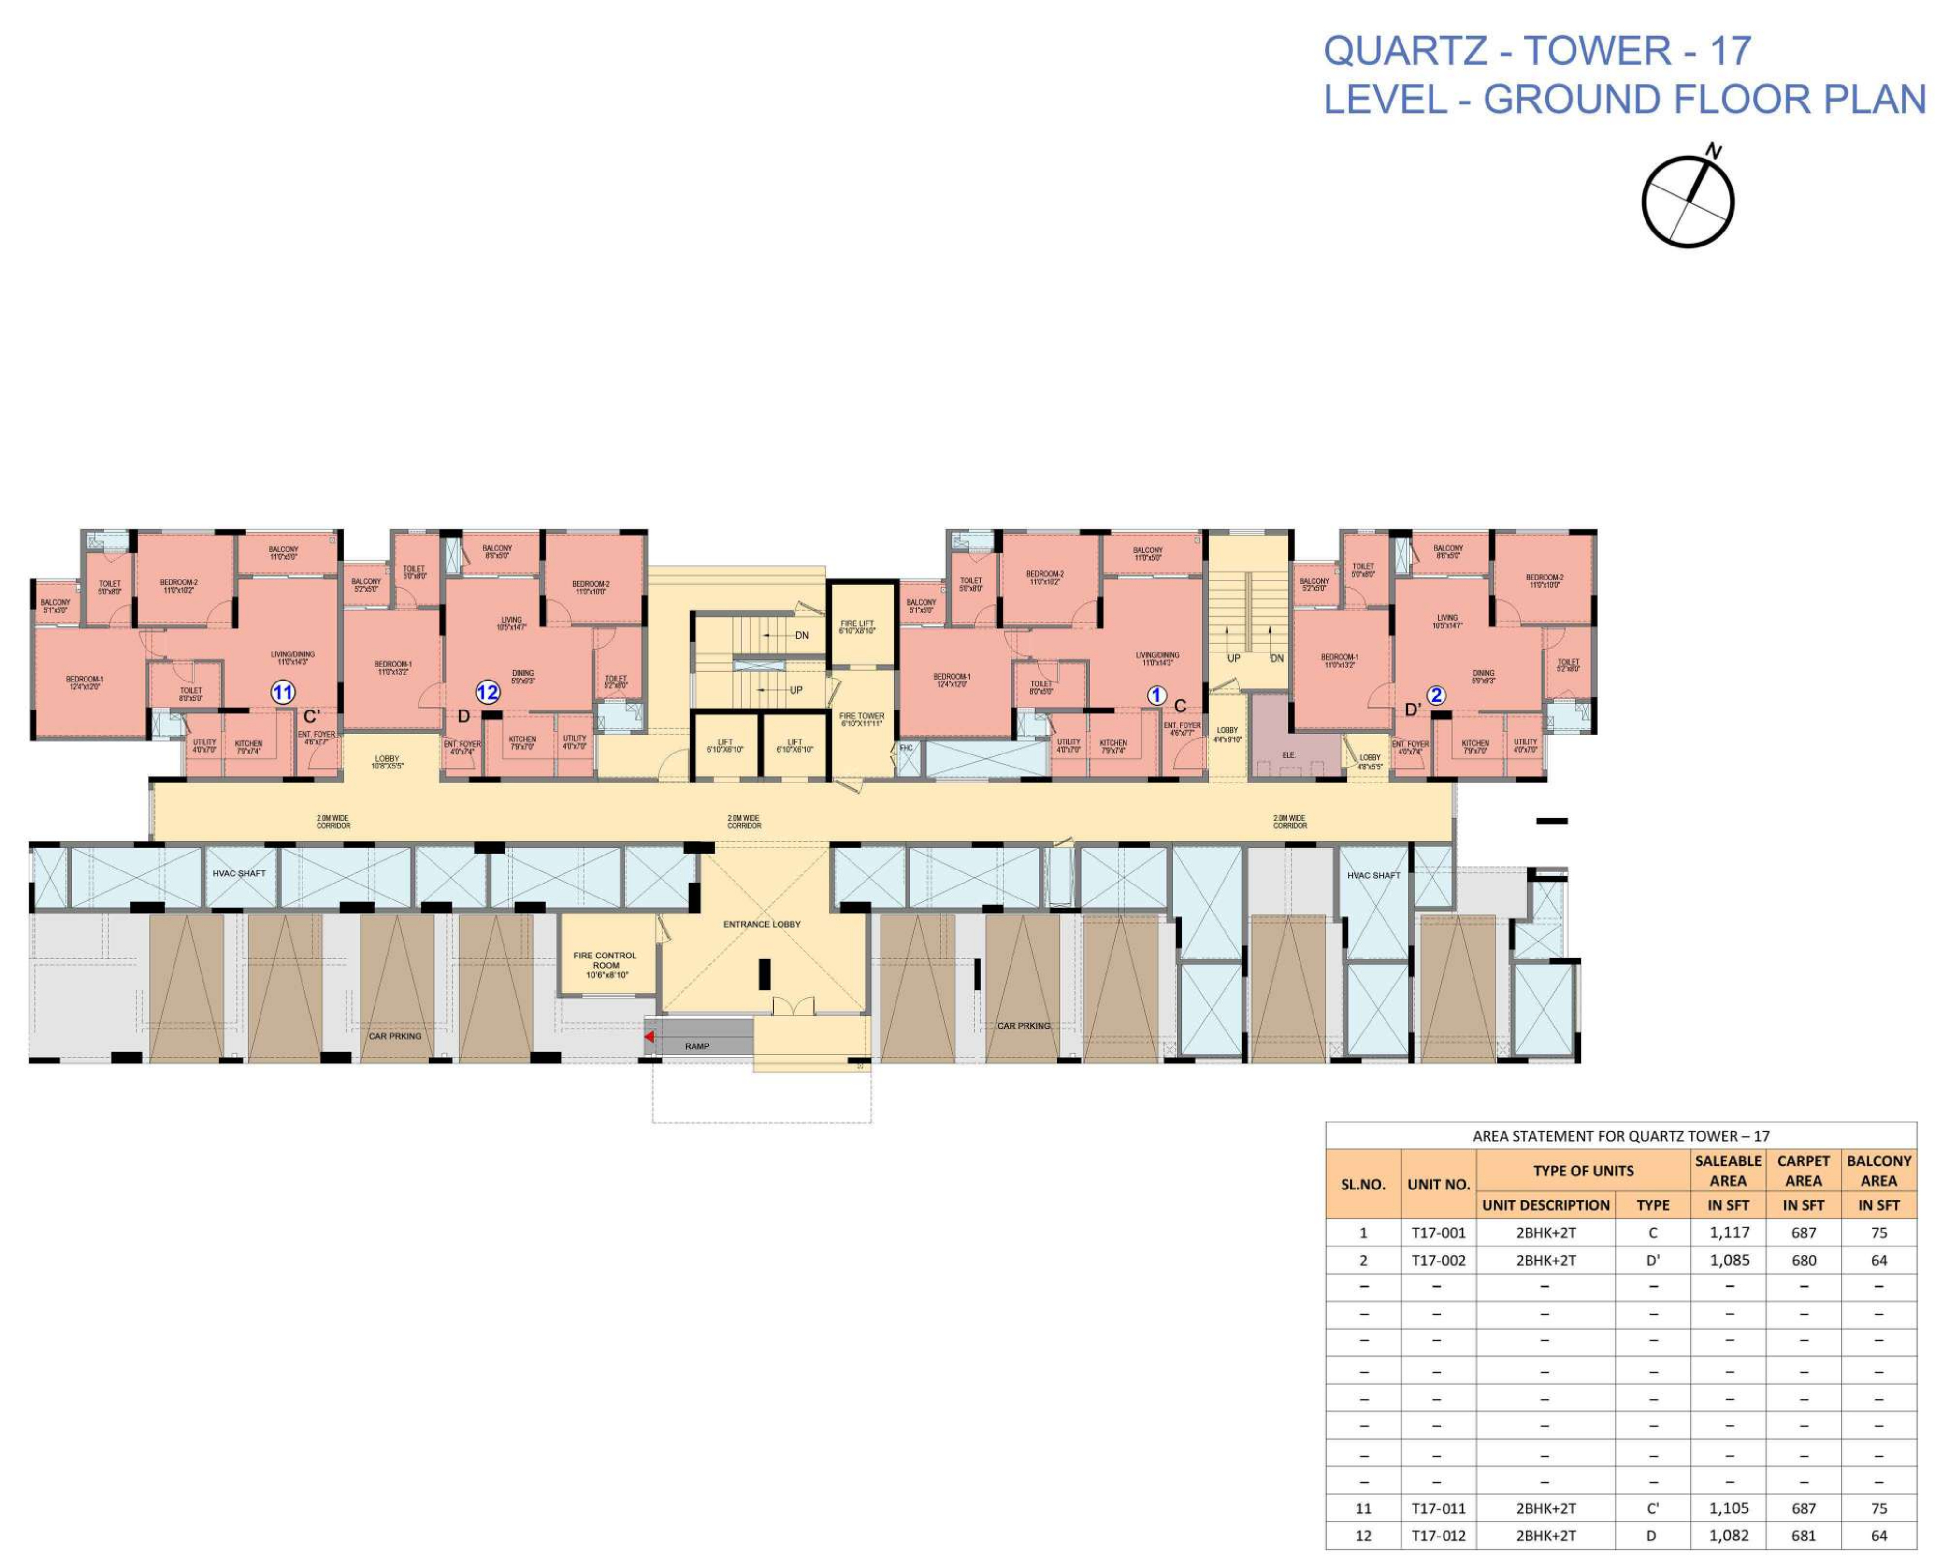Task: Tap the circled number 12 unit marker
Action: click(487, 693)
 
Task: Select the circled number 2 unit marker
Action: click(1435, 696)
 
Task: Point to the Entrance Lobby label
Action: click(761, 924)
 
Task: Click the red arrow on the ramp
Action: click(649, 1037)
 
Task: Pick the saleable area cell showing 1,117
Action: click(1729, 1232)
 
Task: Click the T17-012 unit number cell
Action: click(1438, 1536)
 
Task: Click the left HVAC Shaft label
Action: click(239, 873)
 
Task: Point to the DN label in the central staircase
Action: click(801, 636)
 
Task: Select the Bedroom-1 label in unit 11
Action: click(85, 682)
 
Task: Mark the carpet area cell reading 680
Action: click(1803, 1260)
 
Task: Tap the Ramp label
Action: click(696, 1046)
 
